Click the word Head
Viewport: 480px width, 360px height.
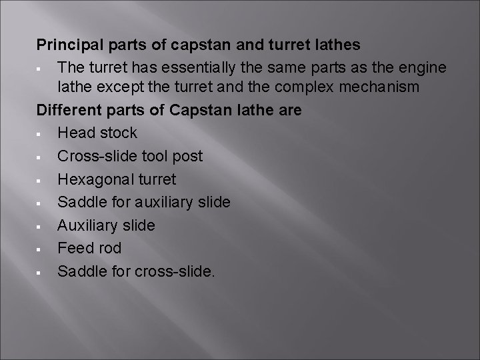(x=74, y=133)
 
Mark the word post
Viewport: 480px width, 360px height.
(x=187, y=156)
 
